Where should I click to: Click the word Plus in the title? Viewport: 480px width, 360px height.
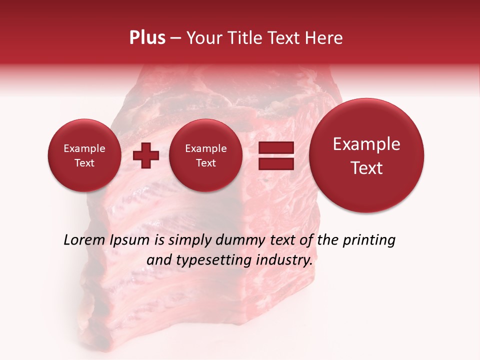point(147,38)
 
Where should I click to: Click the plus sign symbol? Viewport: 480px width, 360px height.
point(146,155)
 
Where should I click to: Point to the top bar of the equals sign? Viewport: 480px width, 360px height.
point(276,147)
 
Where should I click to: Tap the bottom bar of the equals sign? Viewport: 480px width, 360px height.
point(276,164)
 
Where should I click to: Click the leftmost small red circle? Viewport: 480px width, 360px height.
point(84,155)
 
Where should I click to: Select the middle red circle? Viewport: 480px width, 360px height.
point(205,155)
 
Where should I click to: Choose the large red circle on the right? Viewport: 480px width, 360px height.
point(366,155)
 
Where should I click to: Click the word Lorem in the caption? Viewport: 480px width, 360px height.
point(84,240)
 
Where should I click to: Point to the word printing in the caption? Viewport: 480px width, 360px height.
point(369,240)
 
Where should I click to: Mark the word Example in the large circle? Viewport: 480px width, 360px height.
point(366,144)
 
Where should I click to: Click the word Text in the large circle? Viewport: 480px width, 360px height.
point(366,168)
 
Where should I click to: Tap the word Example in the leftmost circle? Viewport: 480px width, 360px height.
point(84,148)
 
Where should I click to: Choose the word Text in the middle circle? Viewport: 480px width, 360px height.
point(205,163)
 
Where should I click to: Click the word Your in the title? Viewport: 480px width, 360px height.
point(201,38)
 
